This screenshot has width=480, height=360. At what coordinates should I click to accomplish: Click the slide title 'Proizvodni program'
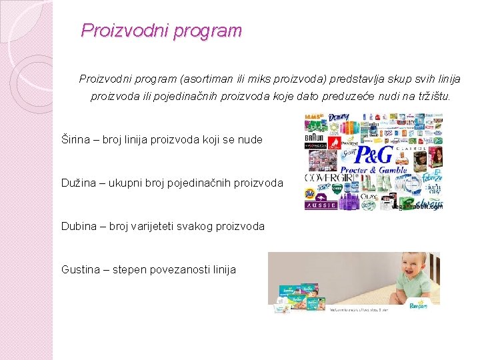tap(161, 31)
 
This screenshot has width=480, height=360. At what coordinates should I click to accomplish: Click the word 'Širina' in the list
tap(76, 140)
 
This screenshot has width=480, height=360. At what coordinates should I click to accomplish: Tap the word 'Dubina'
tap(79, 226)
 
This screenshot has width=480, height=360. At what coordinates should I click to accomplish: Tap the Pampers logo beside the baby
tap(419, 305)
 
